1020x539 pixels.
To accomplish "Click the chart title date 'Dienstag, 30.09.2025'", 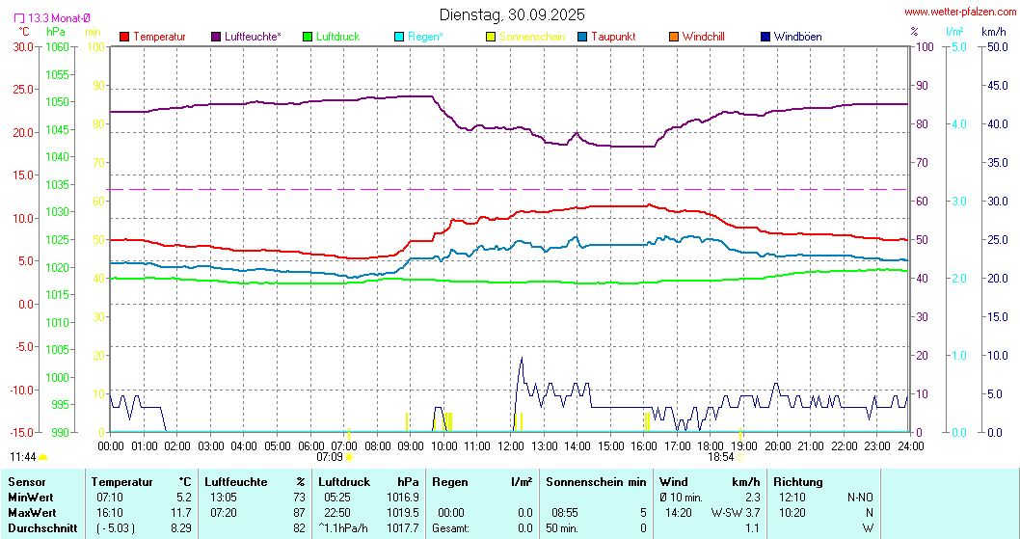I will click(x=511, y=14).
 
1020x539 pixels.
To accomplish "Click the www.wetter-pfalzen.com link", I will click(x=959, y=12).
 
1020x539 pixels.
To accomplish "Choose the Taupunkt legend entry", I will click(x=612, y=37).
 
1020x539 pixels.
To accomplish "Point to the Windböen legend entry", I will click(x=797, y=37).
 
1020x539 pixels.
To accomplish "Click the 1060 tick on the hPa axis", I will click(x=57, y=46).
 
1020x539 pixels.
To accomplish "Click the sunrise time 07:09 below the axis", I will click(x=330, y=457).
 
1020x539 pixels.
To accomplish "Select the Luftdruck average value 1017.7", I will click(x=402, y=528).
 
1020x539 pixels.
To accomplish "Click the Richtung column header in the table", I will click(x=797, y=482).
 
